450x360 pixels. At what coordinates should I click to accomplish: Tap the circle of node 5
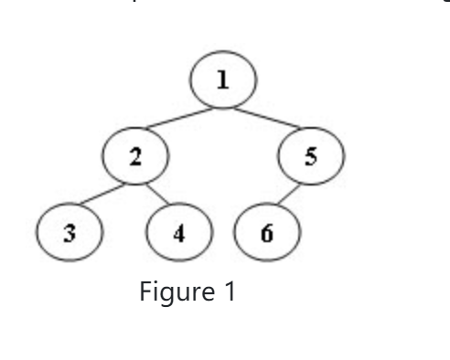pyautogui.click(x=312, y=156)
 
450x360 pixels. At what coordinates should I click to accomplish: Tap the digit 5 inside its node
pyautogui.click(x=312, y=156)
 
